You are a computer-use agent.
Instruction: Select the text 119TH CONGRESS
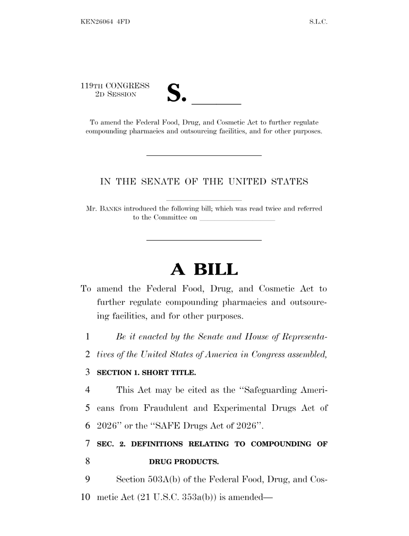point(115,86)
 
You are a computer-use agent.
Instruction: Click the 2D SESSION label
point(115,94)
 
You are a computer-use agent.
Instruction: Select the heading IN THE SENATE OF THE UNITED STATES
point(204,181)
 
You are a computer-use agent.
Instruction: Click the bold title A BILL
point(204,269)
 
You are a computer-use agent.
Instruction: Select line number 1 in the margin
point(88,337)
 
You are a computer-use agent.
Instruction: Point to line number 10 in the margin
point(86,497)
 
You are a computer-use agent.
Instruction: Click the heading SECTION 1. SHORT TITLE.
point(146,373)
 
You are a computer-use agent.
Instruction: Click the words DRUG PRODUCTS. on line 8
point(184,462)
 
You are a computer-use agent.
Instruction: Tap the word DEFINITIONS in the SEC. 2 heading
point(157,444)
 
